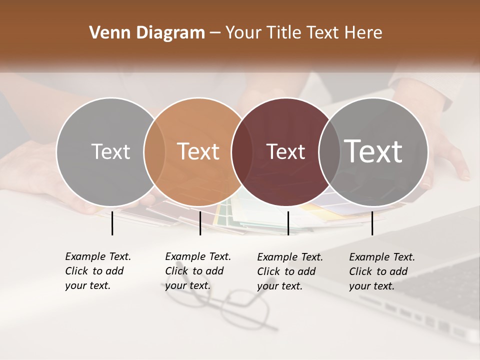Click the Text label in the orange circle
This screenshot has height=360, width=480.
[198, 151]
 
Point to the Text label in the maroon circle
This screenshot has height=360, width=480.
[285, 151]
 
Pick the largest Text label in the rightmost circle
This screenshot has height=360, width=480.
[373, 151]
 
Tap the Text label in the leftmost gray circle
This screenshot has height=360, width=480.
[110, 151]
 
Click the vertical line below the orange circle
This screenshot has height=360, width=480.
[200, 223]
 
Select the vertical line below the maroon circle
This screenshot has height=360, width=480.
[288, 223]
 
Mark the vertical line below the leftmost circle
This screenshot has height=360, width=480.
[112, 223]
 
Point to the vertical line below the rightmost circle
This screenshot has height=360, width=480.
[372, 223]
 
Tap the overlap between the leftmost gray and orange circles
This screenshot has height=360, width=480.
[154, 152]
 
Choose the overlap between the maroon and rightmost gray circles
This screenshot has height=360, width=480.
[328, 152]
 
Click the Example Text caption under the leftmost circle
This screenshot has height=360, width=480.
[97, 271]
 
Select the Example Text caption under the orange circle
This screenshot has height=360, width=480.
[197, 271]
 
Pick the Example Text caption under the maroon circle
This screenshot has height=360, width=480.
[289, 271]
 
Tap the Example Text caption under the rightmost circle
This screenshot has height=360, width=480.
[381, 271]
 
